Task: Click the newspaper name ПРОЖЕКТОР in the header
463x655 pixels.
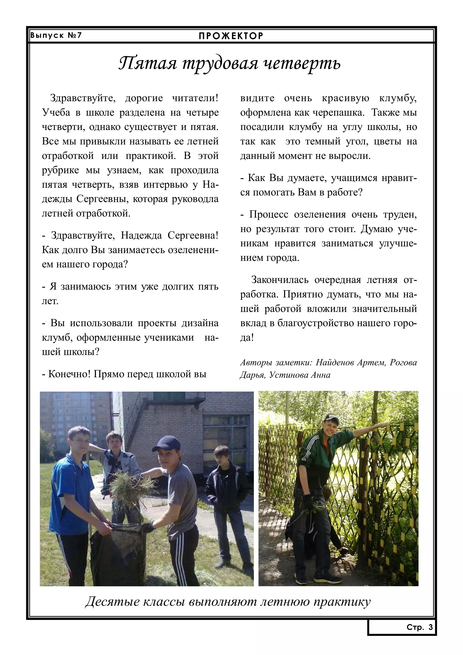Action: click(231, 36)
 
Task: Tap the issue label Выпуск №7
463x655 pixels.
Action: click(56, 35)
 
